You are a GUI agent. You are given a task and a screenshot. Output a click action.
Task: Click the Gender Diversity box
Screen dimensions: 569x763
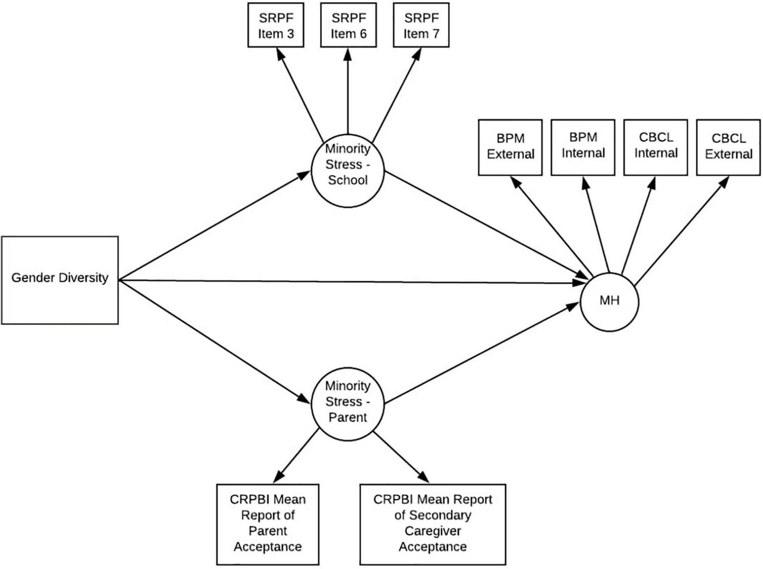point(60,280)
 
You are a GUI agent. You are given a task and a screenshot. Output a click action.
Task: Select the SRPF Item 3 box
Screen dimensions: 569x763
point(276,25)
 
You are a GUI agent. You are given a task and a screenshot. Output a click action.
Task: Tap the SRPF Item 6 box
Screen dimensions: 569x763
point(348,25)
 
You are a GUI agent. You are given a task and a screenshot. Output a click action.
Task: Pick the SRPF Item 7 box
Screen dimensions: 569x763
point(421,25)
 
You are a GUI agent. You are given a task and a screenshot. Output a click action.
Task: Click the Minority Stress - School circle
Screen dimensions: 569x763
point(347,171)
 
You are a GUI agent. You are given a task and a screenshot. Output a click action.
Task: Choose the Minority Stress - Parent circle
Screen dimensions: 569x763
point(347,404)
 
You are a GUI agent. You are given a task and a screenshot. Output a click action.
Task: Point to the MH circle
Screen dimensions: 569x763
point(609,302)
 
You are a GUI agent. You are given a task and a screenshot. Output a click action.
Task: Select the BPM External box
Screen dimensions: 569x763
point(510,147)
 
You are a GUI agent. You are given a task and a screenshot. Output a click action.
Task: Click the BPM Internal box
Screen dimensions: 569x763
point(583,147)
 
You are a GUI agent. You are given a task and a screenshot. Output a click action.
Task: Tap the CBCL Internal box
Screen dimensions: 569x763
point(656,147)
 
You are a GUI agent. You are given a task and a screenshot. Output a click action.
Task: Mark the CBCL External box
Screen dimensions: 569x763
point(729,147)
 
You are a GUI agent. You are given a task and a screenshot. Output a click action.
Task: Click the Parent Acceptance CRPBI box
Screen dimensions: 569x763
point(267,524)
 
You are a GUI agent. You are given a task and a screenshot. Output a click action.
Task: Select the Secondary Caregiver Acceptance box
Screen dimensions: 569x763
point(433,524)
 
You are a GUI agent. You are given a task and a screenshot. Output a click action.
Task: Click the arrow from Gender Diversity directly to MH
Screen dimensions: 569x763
point(344,282)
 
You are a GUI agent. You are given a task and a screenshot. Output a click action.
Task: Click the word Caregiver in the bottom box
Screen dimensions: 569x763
point(433,531)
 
